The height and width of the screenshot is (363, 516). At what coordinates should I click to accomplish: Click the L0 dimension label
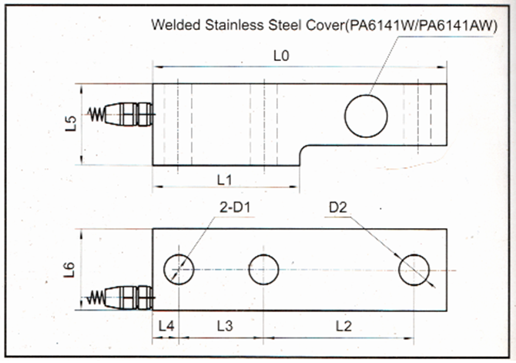(x=283, y=56)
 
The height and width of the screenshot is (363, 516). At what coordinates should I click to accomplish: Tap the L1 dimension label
(x=225, y=180)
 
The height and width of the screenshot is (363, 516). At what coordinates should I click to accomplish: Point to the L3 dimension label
(x=224, y=326)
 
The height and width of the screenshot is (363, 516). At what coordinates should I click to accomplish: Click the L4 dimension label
(x=166, y=326)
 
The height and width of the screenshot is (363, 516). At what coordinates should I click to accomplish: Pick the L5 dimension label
(x=70, y=124)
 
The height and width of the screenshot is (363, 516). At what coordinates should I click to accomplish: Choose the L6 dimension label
(x=70, y=269)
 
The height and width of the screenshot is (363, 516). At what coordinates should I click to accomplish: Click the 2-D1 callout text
(x=236, y=208)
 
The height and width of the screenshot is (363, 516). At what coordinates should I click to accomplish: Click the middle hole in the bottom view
(x=264, y=268)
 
